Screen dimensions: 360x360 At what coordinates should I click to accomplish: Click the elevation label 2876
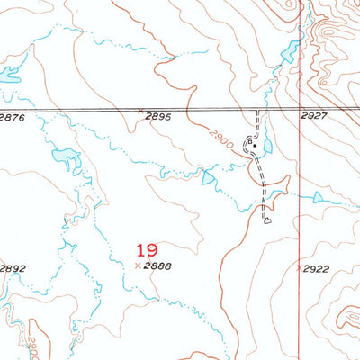tap(12, 117)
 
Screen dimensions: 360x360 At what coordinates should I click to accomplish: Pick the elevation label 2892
tap(13, 268)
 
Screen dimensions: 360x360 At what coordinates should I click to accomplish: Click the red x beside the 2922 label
tap(299, 268)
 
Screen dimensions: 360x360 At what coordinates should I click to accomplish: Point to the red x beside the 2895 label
tap(141, 112)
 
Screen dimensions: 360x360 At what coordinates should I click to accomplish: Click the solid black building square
tap(256, 144)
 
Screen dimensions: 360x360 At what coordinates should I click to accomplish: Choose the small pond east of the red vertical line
tap(318, 196)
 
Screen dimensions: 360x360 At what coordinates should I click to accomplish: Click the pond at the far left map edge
tap(8, 75)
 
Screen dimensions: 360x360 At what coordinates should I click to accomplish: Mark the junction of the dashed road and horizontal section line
tap(259, 111)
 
